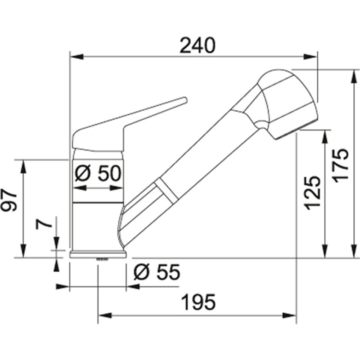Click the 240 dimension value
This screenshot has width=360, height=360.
198,45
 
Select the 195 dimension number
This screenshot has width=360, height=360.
198,302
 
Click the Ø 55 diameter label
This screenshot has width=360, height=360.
157,272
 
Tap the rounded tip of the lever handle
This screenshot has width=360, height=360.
185,100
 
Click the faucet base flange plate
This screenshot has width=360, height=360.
98,254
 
